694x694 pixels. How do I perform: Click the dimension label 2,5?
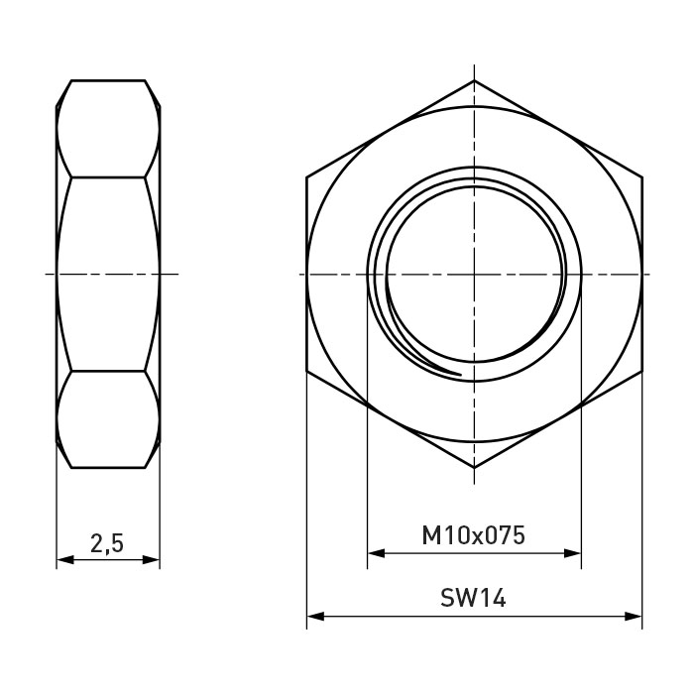pyautogui.click(x=107, y=543)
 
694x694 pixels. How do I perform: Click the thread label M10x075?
pyautogui.click(x=474, y=535)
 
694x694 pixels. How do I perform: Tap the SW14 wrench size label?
pyautogui.click(x=473, y=598)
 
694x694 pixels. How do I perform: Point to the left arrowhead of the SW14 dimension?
pyautogui.click(x=315, y=616)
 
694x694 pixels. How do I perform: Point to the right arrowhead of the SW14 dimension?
pyautogui.click(x=634, y=616)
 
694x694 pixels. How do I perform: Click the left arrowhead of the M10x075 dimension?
pyautogui.click(x=376, y=553)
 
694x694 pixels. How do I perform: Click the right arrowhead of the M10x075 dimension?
pyautogui.click(x=572, y=553)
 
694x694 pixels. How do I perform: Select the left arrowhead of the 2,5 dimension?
pyautogui.click(x=65, y=560)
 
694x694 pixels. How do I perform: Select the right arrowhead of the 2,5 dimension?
pyautogui.click(x=151, y=560)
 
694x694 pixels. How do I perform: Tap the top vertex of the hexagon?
pyautogui.click(x=474, y=80)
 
